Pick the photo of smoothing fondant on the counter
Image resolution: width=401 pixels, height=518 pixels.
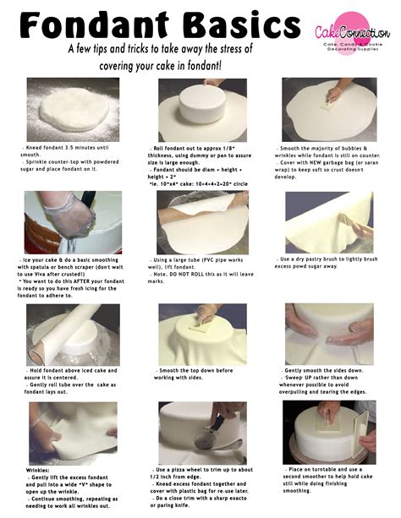[x=328, y=110]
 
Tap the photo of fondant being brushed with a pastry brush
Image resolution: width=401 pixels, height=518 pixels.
[x=328, y=221]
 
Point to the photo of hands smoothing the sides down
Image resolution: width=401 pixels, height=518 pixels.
[x=328, y=335]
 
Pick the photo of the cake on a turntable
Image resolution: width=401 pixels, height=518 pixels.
[x=328, y=432]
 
